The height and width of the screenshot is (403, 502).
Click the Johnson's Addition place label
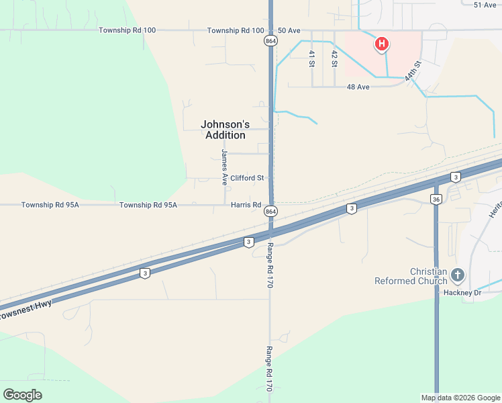tap(225, 130)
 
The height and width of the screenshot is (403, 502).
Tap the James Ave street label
tap(225, 167)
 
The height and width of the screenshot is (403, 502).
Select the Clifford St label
tap(247, 178)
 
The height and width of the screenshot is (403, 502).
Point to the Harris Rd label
tap(246, 205)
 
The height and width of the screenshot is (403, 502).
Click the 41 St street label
tap(312, 58)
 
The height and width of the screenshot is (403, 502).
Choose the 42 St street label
tap(334, 58)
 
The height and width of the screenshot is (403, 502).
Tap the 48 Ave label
tap(358, 87)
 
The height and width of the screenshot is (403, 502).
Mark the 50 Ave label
tap(289, 31)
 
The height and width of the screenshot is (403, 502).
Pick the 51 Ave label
tap(485, 5)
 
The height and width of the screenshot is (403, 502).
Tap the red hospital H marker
tap(381, 45)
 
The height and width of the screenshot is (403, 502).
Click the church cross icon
tap(458, 274)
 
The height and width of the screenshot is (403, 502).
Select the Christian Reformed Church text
tap(411, 276)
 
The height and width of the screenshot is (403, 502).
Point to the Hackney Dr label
tap(462, 292)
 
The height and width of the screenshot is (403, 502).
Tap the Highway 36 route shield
tap(436, 199)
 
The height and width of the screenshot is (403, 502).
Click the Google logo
tap(22, 395)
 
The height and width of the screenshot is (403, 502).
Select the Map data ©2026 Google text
tap(460, 398)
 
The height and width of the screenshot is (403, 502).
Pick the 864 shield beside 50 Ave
tap(270, 41)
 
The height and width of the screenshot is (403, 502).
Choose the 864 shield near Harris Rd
tap(270, 211)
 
